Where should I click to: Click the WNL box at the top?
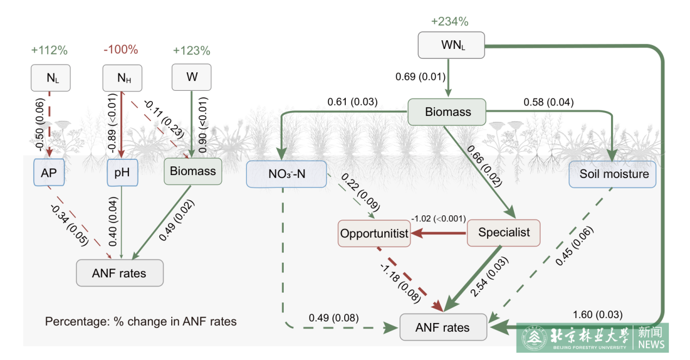pyautogui.click(x=451, y=45)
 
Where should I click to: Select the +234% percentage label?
pyautogui.click(x=450, y=22)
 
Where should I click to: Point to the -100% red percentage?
pyautogui.click(x=121, y=50)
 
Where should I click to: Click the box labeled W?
pyautogui.click(x=192, y=77)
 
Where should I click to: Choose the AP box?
pyautogui.click(x=49, y=172)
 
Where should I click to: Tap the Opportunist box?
pyautogui.click(x=374, y=233)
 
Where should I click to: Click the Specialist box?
pyautogui.click(x=503, y=233)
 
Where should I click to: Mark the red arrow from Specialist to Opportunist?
pyautogui.click(x=438, y=233)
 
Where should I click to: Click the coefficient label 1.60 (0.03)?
pyautogui.click(x=598, y=314)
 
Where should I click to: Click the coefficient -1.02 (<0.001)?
pyautogui.click(x=439, y=219)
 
